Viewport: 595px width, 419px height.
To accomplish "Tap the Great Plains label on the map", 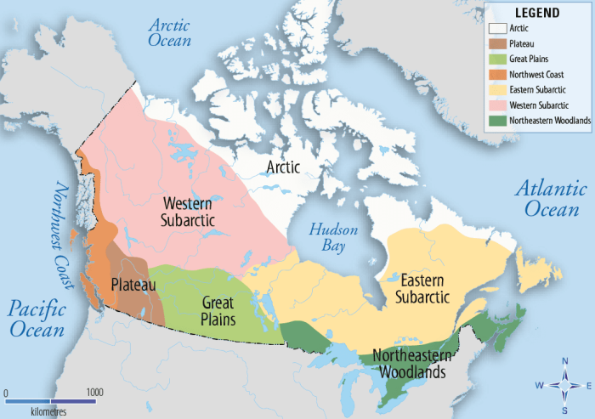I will [x=218, y=309].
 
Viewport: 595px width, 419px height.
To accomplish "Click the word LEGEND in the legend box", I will [x=537, y=13].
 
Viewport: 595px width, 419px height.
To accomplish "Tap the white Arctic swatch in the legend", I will [x=496, y=28].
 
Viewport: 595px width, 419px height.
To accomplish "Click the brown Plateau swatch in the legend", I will [x=496, y=43].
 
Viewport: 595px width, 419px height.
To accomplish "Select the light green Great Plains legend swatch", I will [x=496, y=59].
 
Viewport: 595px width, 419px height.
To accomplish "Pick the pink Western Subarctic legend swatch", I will [x=496, y=105].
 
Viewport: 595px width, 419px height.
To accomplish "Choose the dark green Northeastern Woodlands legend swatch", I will [x=496, y=120].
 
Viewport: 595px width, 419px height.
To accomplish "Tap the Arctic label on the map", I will [x=282, y=167].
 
